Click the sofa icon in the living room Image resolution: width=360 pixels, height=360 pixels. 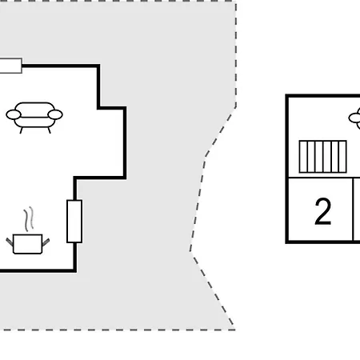click(34, 118)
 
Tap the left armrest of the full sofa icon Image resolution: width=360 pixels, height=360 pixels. click(14, 114)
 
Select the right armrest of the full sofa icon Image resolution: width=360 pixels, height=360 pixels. click(55, 114)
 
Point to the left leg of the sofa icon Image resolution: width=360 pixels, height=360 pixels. click(22, 130)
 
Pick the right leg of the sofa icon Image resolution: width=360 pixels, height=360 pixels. click(50, 130)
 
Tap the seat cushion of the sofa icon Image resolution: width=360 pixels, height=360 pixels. click(34, 122)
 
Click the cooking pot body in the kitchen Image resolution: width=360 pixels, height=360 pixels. click(28, 244)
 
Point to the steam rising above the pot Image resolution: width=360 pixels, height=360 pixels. click(29, 218)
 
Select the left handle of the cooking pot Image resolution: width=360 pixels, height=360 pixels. click(10, 242)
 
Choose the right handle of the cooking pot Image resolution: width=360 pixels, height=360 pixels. click(46, 242)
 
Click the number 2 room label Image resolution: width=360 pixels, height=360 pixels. click(323, 212)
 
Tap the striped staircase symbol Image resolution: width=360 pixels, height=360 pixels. click(323, 157)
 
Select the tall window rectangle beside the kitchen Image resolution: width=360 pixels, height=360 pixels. click(74, 222)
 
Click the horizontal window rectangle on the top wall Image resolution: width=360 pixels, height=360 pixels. click(10, 66)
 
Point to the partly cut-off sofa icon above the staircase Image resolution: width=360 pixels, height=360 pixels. click(354, 118)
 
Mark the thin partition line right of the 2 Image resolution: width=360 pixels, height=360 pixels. click(353, 210)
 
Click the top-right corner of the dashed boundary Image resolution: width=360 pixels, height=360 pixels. click(236, 1)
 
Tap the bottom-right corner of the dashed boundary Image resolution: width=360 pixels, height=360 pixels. click(234, 330)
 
